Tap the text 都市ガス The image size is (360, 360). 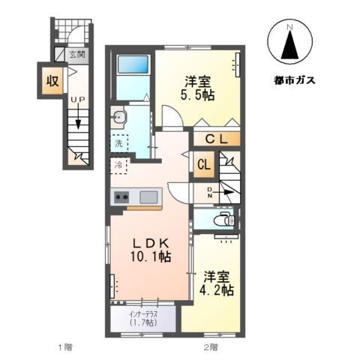(x=290, y=77)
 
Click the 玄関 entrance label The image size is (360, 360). (x=77, y=54)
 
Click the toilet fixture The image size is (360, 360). (x=223, y=220)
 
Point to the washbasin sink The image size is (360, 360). (x=119, y=117)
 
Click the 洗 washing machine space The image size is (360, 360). (x=118, y=142)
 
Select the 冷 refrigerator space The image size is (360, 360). (x=118, y=164)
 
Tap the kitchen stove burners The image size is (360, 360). (x=121, y=197)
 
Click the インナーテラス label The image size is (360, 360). (x=142, y=313)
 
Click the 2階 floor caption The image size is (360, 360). (x=210, y=347)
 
